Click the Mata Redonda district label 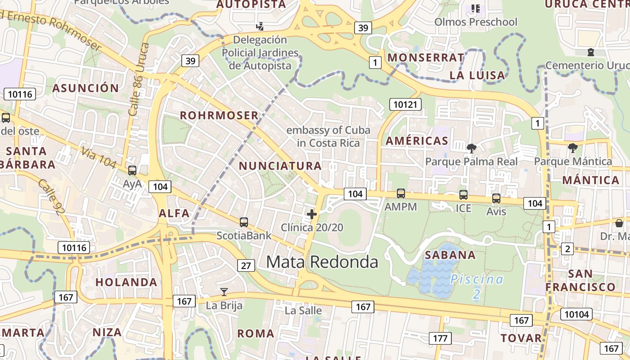pos(322,261)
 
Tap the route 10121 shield pos(406,105)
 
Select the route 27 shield pos(246,265)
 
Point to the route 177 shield pos(440,338)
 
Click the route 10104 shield pos(576,314)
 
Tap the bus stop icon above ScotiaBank pos(244,222)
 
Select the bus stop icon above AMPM pos(400,193)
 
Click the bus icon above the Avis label pos(496,198)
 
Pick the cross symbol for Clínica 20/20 pos(311,214)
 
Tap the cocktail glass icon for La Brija pos(224,292)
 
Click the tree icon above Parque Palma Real pos(471,148)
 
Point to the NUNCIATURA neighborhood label pos(280,166)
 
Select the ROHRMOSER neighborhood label pos(219,116)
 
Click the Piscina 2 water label pos(477,286)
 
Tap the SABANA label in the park pos(450,255)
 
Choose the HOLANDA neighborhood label pos(126,283)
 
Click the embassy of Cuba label pos(328,136)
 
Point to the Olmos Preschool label pos(476,22)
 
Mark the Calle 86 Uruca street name pos(139,80)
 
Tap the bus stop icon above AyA pos(132,171)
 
